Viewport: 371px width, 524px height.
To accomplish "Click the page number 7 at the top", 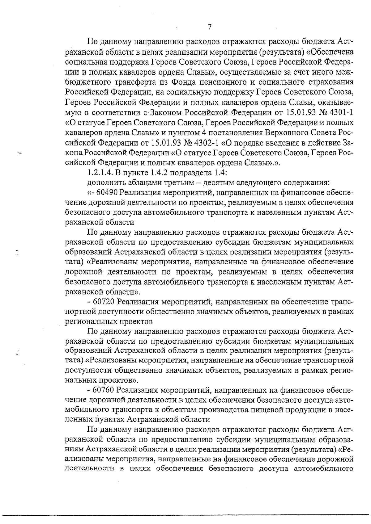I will (x=210, y=27).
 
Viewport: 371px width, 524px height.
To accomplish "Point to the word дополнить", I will (x=104, y=182).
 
